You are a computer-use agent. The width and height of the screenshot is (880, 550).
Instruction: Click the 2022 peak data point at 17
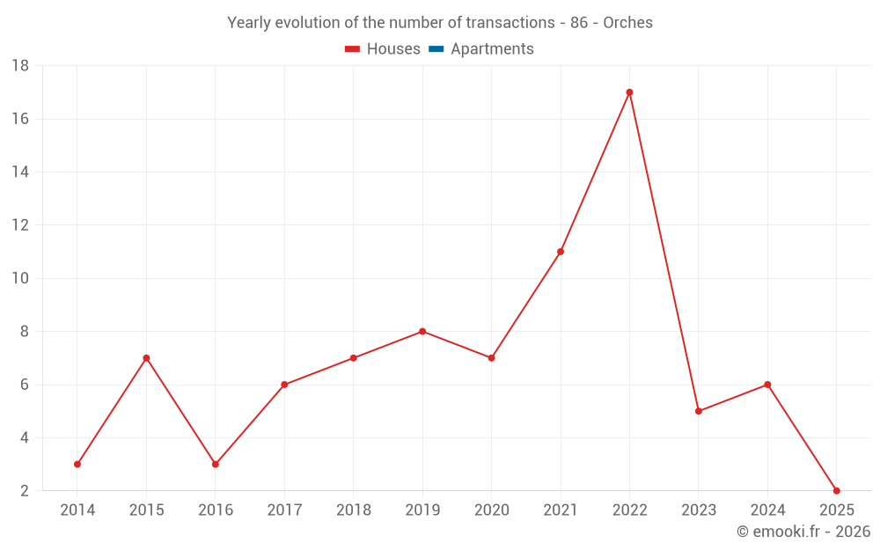[x=629, y=92]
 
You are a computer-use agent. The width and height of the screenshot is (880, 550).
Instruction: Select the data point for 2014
[x=77, y=464]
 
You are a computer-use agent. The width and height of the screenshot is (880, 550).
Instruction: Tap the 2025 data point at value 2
[x=836, y=490]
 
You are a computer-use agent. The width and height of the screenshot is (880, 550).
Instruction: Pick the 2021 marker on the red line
[x=561, y=252]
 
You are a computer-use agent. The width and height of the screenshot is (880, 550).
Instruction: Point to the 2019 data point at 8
[x=422, y=332]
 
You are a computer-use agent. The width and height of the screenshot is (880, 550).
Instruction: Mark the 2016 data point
[x=216, y=464]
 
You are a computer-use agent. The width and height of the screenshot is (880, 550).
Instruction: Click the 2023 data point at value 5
[x=699, y=411]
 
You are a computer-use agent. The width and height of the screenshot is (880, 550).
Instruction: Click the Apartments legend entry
[x=492, y=49]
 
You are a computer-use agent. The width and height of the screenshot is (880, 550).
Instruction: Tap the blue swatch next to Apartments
[x=436, y=49]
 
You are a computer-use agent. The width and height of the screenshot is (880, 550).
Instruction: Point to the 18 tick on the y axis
[x=20, y=66]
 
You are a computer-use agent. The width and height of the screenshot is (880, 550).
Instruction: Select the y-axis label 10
[x=20, y=278]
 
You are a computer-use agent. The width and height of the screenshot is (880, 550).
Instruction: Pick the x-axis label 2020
[x=491, y=510]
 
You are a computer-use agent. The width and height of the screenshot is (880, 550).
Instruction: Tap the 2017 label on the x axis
[x=284, y=510]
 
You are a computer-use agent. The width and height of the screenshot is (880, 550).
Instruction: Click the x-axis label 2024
[x=767, y=510]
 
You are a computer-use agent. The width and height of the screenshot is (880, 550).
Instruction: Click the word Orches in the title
[x=627, y=23]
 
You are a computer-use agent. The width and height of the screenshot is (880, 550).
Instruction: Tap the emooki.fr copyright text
[x=803, y=532]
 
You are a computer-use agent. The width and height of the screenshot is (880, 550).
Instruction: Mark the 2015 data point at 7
[x=146, y=358]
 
